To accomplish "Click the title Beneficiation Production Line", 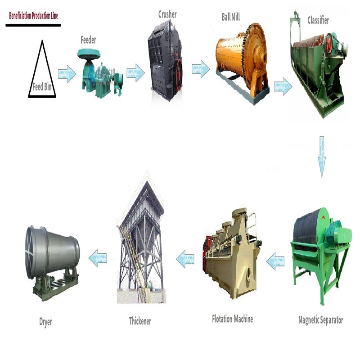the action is click(33, 16).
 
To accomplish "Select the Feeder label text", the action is click(88, 40).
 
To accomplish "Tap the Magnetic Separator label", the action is click(320, 320).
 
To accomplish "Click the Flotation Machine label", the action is click(232, 319).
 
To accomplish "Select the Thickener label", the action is click(140, 321).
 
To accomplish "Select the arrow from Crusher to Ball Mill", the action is click(201, 69).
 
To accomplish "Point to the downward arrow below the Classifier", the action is click(322, 157).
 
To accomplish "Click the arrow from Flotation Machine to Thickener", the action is click(185, 259).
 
